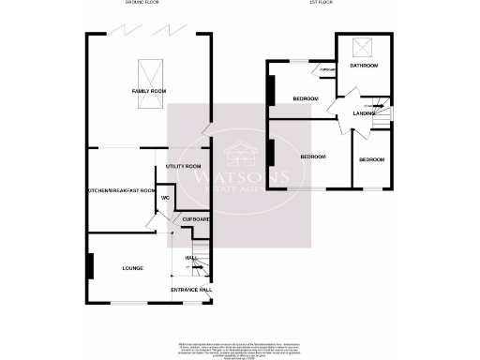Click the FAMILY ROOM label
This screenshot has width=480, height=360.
[148, 91]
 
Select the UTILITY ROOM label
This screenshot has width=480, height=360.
[184, 166]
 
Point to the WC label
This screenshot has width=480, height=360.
[164, 198]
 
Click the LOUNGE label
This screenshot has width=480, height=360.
[132, 268]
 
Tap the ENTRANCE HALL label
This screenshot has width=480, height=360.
[190, 290]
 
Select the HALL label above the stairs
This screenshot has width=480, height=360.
[190, 257]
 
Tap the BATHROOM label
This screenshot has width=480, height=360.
[364, 67]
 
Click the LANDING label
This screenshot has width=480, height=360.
[365, 113]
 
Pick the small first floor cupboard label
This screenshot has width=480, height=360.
[328, 70]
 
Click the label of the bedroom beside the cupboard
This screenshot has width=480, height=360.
[305, 98]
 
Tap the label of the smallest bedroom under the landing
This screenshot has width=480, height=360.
[371, 160]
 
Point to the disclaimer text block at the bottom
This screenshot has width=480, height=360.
[240, 350]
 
